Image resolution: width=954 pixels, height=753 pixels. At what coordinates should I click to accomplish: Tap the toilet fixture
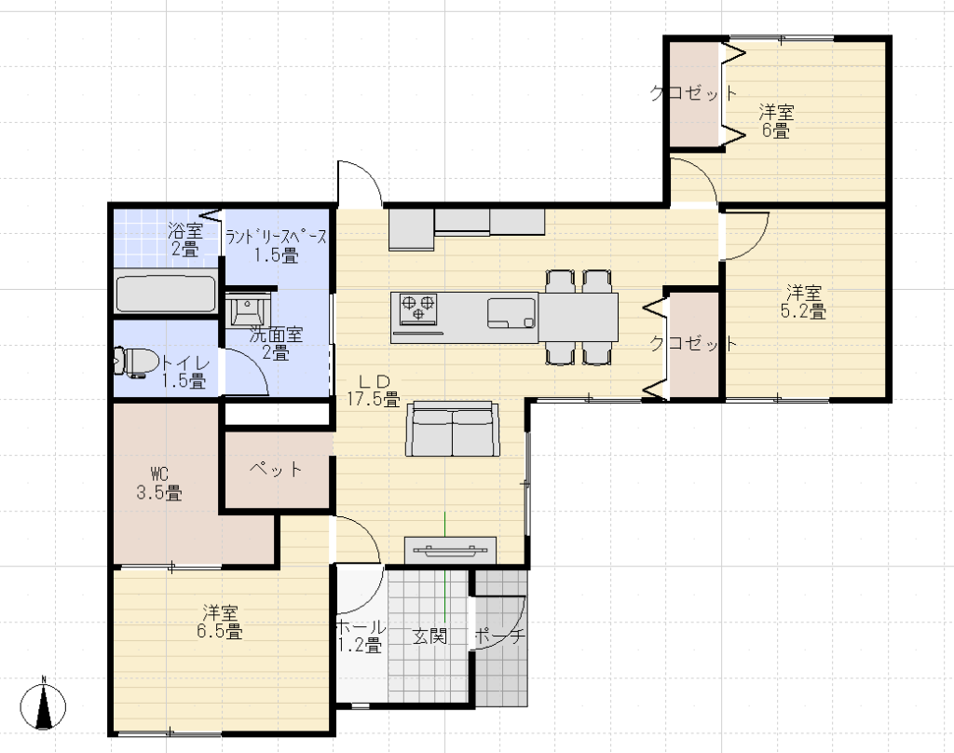[x=130, y=363]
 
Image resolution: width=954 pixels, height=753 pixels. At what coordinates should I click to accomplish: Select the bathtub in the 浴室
[x=166, y=294]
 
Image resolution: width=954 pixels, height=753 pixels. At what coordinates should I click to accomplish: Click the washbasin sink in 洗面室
[x=248, y=310]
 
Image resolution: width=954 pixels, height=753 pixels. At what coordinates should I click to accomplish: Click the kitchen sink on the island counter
[x=511, y=313]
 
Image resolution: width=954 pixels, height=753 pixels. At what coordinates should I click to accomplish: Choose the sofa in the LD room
[x=453, y=429]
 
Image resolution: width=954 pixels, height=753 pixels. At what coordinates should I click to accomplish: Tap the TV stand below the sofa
[x=450, y=550]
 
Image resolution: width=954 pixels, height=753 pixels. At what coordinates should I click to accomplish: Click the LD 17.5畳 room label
[x=374, y=390]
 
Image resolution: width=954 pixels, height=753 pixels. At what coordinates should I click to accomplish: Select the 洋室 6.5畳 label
[x=220, y=622]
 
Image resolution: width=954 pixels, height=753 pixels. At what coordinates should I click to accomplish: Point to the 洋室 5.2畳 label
[x=803, y=301]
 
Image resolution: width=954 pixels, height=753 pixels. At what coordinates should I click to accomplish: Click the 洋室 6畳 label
[x=776, y=121]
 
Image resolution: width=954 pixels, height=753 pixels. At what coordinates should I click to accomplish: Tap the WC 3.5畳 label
[x=158, y=483]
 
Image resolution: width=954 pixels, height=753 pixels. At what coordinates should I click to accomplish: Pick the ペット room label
[x=276, y=468]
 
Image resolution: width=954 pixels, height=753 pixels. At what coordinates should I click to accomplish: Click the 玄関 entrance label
[x=430, y=637]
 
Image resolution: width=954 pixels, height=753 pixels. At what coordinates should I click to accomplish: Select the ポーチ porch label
[x=499, y=637]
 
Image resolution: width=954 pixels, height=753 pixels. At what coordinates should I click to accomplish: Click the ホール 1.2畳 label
[x=361, y=636]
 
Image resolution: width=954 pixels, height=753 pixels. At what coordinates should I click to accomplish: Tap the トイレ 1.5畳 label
[x=184, y=372]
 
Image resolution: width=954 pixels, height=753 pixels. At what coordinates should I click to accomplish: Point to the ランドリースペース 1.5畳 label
[x=276, y=246]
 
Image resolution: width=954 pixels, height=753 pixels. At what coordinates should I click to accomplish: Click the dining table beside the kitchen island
[x=578, y=317]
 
